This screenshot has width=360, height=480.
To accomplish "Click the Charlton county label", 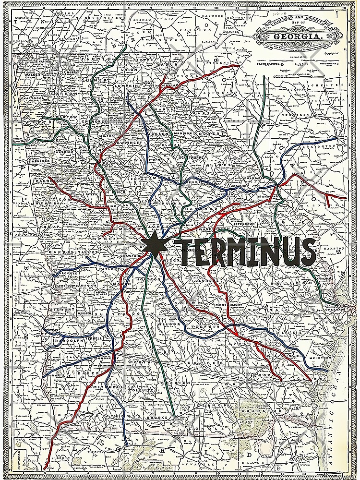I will (x=253, y=411).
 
